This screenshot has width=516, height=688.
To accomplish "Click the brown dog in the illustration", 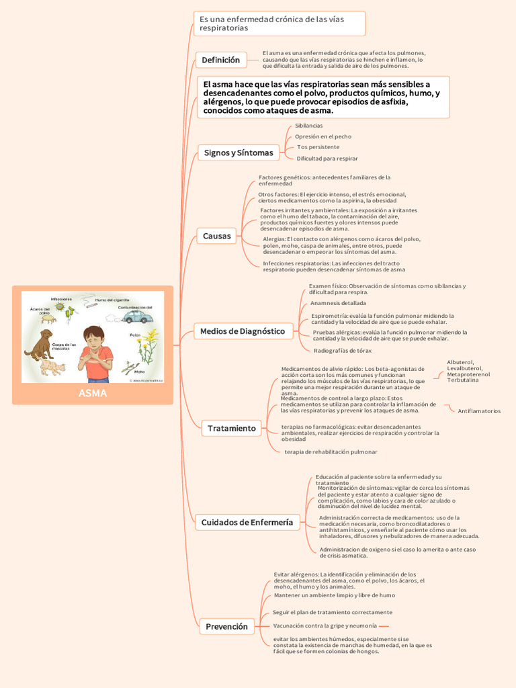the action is [40, 344].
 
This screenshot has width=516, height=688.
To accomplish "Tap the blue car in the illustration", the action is [137, 316].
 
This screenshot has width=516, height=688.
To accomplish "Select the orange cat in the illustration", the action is [53, 367].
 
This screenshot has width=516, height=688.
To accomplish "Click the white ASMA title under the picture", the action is [93, 393].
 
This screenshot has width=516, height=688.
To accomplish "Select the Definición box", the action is [220, 60].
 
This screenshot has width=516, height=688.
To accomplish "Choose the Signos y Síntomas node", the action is [239, 153].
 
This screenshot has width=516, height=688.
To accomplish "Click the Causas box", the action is [216, 236].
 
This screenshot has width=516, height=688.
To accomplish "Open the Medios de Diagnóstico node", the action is [243, 331].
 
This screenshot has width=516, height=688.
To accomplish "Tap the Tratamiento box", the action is [232, 428].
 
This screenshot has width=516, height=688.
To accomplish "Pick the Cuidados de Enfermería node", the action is [247, 522].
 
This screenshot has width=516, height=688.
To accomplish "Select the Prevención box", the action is [227, 626].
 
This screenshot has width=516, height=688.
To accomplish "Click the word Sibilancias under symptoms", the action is [308, 126].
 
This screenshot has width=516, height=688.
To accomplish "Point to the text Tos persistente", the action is [318, 147].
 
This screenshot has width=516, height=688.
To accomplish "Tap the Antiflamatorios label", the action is [479, 411].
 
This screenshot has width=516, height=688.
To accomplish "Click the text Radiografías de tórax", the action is [343, 350].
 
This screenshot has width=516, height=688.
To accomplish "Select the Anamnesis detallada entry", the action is [333, 303].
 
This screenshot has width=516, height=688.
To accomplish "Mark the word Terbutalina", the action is [463, 380].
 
